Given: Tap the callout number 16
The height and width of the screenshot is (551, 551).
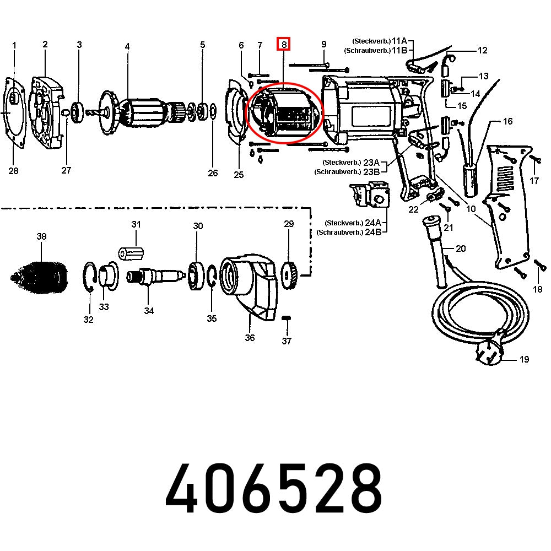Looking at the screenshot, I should [x=507, y=121].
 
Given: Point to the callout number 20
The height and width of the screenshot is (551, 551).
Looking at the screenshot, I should [x=461, y=249].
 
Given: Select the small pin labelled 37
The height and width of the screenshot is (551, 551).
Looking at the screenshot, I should [x=286, y=318].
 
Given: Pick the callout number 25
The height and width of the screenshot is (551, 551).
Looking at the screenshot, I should [x=238, y=175].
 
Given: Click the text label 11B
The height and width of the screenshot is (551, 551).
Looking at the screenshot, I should [x=399, y=50].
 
